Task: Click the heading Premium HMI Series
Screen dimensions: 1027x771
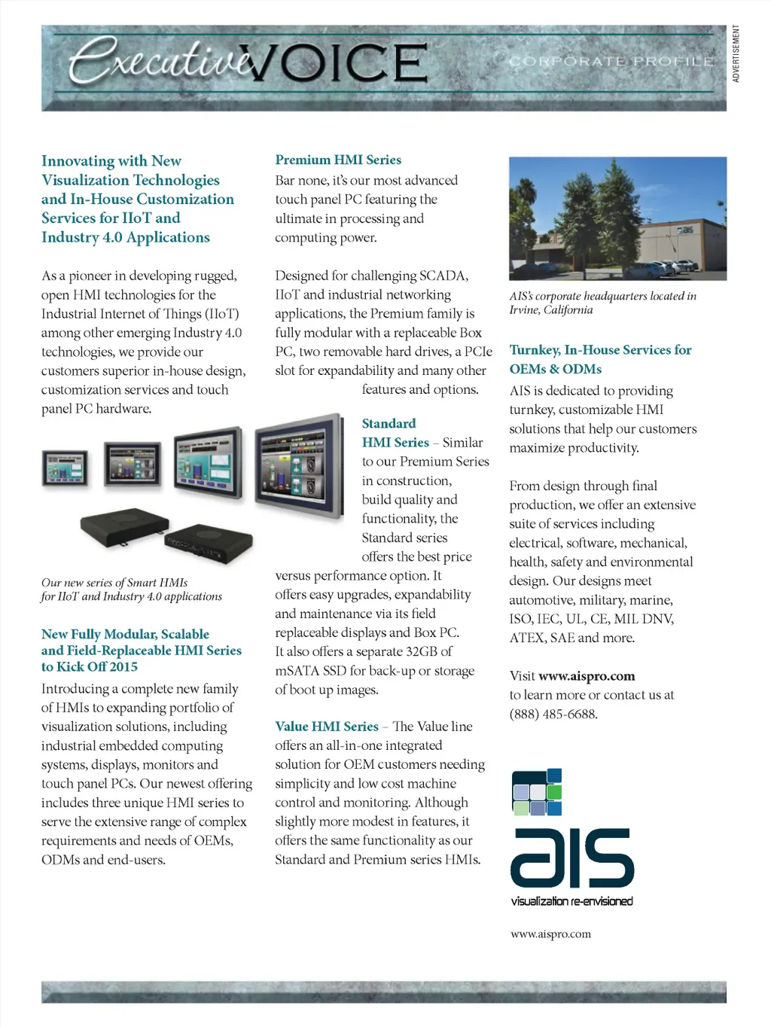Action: [338, 160]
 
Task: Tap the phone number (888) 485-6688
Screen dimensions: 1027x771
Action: [553, 714]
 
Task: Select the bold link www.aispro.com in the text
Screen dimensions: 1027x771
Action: [587, 676]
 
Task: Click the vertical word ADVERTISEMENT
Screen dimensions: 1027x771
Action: [736, 53]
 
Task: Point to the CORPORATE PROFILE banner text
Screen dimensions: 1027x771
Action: [611, 61]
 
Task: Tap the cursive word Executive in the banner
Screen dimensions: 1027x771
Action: [158, 60]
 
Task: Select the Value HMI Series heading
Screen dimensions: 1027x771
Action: [327, 727]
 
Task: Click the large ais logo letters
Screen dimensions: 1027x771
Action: [572, 858]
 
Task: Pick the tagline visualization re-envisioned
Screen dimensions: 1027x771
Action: [571, 901]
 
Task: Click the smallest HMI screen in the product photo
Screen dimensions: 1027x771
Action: [65, 468]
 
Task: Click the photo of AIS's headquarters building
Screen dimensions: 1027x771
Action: [617, 218]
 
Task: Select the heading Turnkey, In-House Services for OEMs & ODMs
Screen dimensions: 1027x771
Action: [600, 359]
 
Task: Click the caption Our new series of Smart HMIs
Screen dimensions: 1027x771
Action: [114, 583]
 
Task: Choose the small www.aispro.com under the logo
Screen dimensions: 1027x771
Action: [550, 934]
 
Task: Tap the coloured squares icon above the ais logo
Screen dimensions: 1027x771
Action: [537, 792]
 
